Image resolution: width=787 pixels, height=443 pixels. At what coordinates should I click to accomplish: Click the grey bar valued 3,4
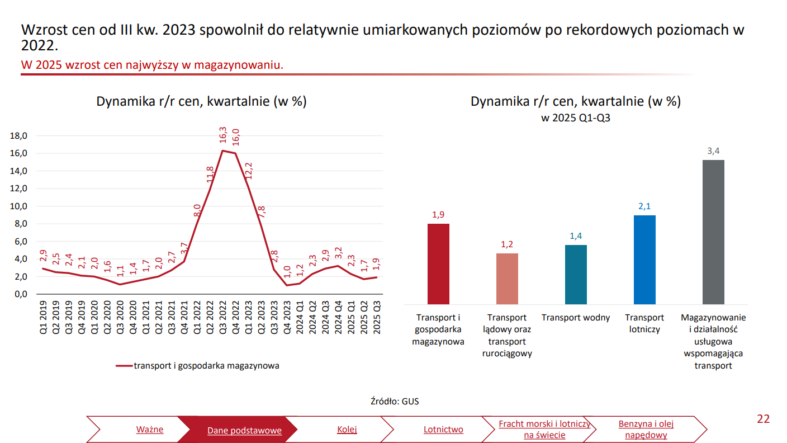click(713, 232)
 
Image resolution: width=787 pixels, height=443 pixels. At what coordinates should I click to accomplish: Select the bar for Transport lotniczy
click(644, 260)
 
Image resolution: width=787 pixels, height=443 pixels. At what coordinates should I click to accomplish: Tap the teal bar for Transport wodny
click(576, 275)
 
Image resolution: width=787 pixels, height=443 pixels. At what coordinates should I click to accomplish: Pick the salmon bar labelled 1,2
click(507, 279)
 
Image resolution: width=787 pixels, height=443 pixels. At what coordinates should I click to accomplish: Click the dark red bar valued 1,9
click(438, 264)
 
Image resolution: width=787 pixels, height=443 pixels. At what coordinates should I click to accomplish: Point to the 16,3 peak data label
click(224, 136)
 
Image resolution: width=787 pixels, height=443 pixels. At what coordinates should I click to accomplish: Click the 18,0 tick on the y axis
click(20, 135)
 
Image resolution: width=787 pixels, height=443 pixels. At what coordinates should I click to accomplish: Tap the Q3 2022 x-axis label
click(223, 318)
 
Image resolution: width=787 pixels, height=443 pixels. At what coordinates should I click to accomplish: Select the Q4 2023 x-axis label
click(287, 318)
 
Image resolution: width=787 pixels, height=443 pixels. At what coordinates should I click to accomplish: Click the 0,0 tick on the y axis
click(20, 294)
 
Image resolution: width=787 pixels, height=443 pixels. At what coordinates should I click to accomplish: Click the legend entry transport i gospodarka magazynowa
click(206, 366)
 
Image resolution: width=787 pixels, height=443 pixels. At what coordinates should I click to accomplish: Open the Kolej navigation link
click(347, 430)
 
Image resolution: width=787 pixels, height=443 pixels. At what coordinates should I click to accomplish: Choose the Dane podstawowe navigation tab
click(244, 430)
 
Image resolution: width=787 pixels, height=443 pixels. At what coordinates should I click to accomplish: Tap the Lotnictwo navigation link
click(443, 430)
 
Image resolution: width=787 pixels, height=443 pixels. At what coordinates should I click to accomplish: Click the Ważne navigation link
click(150, 430)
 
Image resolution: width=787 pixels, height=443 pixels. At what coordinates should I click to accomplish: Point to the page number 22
click(763, 419)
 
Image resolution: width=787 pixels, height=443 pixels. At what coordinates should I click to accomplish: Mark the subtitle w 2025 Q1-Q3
click(575, 119)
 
